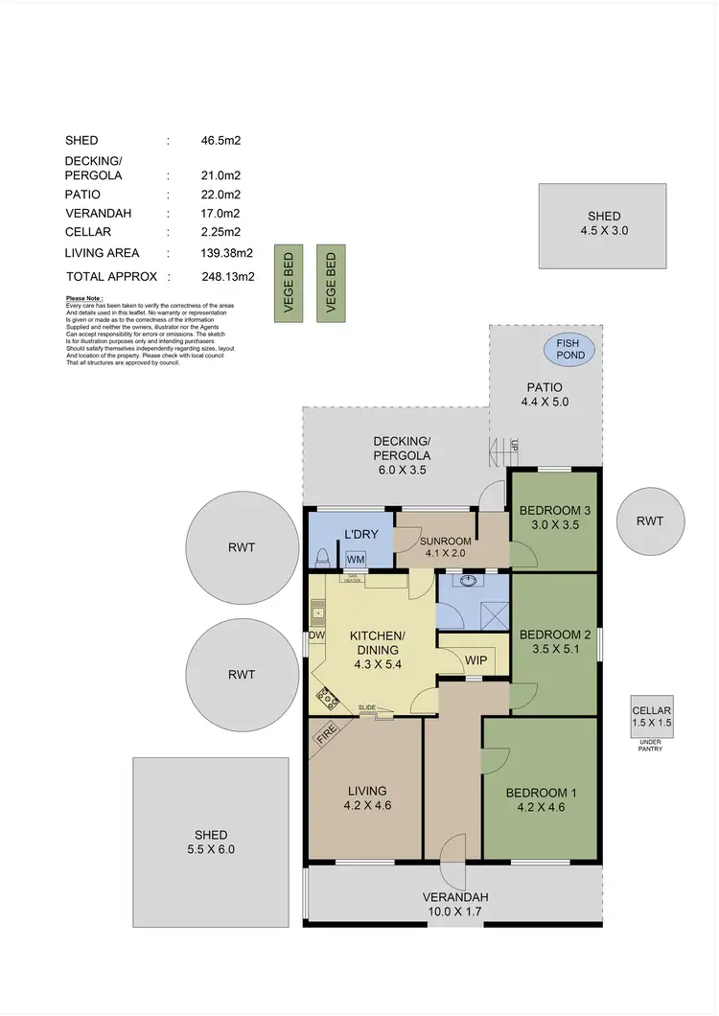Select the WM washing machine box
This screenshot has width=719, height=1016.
point(356,558)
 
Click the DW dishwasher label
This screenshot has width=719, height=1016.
point(313,635)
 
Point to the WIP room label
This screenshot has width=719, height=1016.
point(476,661)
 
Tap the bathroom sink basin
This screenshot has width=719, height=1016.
point(470,581)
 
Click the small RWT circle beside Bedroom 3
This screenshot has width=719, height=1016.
point(649,520)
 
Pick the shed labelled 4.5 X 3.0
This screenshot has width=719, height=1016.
point(603,225)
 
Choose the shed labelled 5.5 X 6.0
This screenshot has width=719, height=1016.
point(211,841)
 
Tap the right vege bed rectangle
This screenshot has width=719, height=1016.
point(331,283)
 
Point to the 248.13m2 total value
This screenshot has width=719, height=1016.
point(227,276)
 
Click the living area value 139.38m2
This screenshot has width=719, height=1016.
point(227,253)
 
